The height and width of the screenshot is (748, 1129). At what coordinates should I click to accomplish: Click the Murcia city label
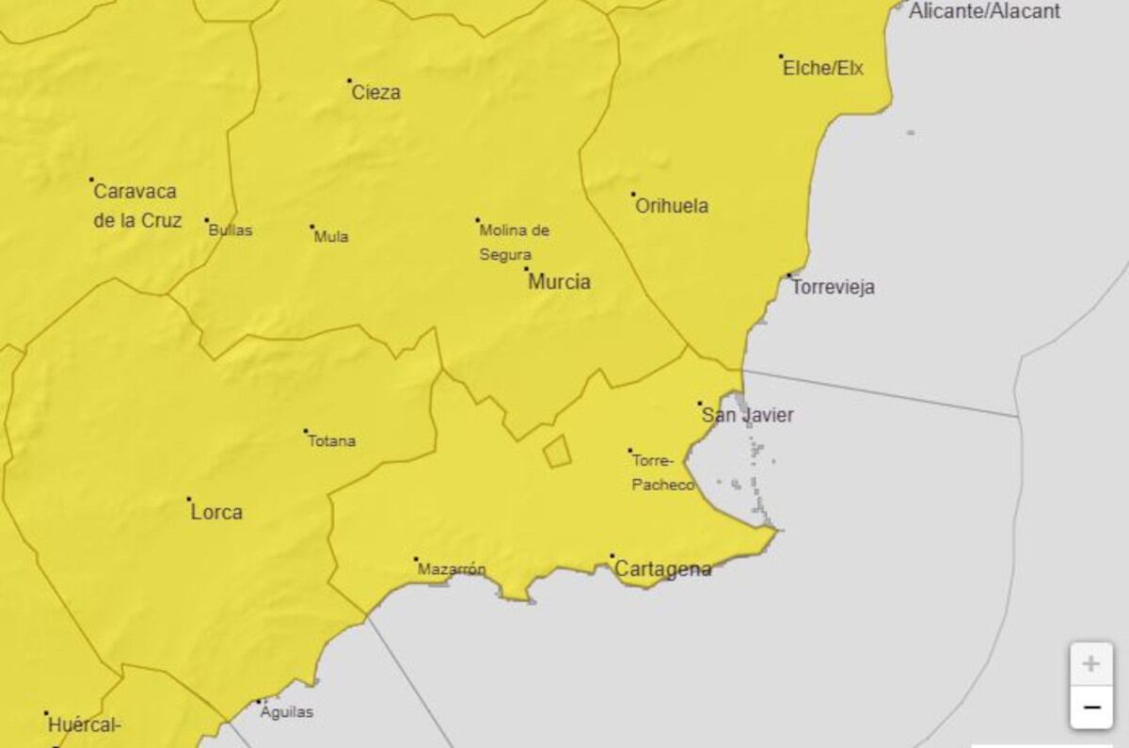click(559, 281)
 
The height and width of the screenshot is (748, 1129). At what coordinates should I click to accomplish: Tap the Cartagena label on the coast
click(662, 569)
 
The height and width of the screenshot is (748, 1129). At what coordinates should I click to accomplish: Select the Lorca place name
click(216, 513)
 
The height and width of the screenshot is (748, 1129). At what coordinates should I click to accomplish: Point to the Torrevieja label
click(833, 287)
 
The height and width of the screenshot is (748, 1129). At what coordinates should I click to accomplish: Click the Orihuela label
click(672, 206)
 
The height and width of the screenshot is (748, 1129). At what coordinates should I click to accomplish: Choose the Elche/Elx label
click(823, 68)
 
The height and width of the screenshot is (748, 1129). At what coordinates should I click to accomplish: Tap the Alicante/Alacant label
click(984, 11)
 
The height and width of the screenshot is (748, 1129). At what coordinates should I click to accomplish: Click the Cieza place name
click(375, 92)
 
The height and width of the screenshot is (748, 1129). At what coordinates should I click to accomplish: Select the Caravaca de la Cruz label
click(136, 205)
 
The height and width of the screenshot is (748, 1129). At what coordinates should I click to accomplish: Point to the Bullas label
click(231, 230)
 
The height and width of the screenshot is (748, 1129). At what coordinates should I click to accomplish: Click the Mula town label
click(331, 236)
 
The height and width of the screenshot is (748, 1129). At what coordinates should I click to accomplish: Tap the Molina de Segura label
click(514, 242)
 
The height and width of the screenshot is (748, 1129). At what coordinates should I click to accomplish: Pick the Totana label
click(332, 440)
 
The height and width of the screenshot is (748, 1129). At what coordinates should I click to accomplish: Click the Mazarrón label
click(452, 569)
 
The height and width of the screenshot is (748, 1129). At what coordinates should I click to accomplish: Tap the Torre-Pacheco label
click(663, 472)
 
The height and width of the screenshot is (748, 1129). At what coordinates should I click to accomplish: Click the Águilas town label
click(287, 711)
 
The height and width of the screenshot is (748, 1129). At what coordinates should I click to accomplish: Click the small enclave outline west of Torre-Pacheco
click(557, 452)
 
